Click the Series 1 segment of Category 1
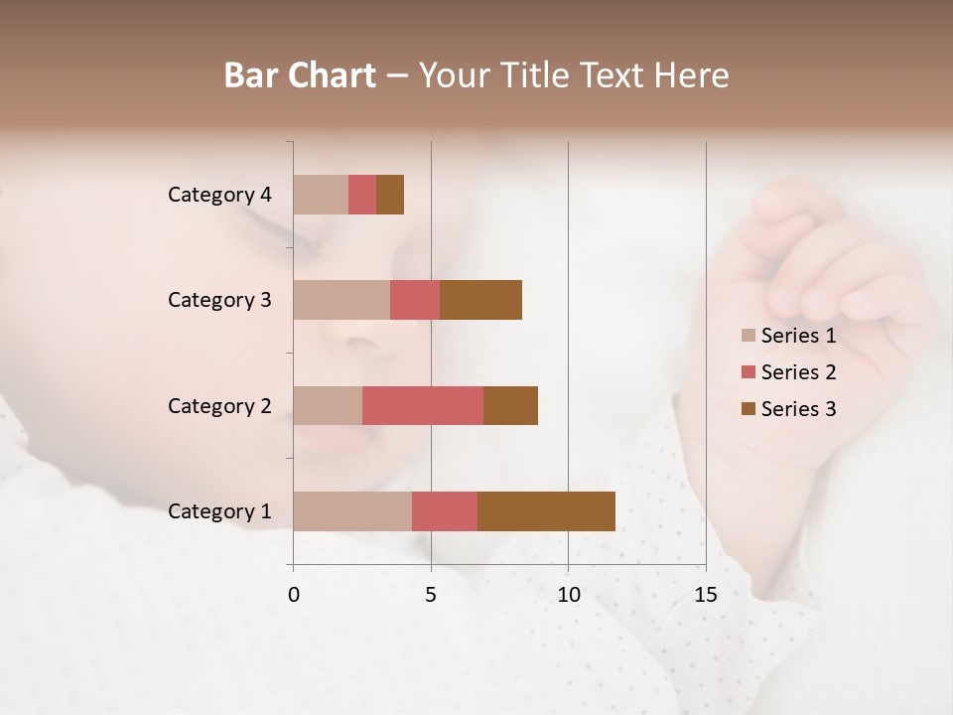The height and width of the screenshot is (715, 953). [x=352, y=511]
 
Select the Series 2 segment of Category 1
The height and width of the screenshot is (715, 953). [x=445, y=511]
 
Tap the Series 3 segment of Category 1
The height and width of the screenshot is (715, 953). [x=546, y=511]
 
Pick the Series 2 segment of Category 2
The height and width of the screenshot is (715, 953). [x=423, y=405]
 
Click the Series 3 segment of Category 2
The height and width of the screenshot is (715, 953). [x=510, y=405]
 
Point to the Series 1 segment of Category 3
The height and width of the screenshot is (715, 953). [x=341, y=300]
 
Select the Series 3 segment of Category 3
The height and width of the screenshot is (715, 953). [x=480, y=300]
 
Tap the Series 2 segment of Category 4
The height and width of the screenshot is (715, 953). [x=362, y=195]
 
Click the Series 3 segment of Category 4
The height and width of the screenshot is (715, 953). [x=390, y=195]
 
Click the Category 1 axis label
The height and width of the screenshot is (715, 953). [x=219, y=511]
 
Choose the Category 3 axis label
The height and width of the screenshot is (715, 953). [x=219, y=300]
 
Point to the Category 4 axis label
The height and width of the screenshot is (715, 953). [x=219, y=195]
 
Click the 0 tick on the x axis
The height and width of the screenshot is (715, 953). [x=294, y=595]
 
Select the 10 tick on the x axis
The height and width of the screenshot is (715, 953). [x=568, y=595]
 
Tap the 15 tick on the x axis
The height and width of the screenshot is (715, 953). [x=705, y=595]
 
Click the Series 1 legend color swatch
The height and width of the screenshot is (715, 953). [x=749, y=336]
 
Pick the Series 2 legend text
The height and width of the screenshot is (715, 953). [x=798, y=372]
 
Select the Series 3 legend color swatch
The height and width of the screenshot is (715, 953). [x=749, y=409]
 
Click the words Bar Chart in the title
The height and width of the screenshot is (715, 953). [x=300, y=75]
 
